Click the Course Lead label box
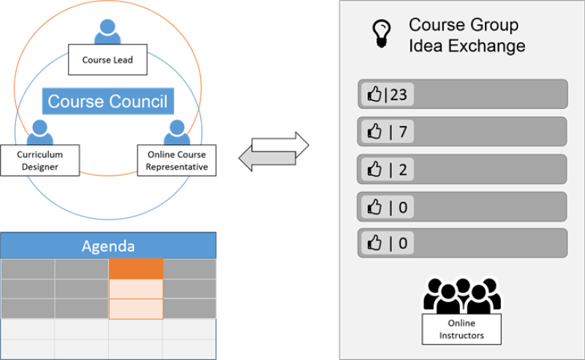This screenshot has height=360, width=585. (x=107, y=60)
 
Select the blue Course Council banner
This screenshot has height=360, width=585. (x=107, y=102)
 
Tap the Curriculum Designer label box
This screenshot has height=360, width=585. (x=40, y=161)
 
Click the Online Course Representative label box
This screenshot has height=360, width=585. (x=176, y=161)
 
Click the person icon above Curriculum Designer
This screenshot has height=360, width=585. (x=40, y=132)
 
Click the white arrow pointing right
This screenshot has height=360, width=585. (x=281, y=143)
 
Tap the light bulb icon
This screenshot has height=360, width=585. (x=380, y=34)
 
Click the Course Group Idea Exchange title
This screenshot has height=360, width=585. (x=467, y=35)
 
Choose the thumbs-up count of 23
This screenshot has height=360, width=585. (x=387, y=94)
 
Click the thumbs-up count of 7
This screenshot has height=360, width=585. (x=387, y=132)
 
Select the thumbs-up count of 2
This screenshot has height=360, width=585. (x=387, y=169)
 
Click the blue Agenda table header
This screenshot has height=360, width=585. (x=108, y=246)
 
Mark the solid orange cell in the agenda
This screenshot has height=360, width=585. (x=135, y=269)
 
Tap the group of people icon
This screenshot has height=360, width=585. (x=461, y=294)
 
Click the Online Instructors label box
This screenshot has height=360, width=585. (x=461, y=329)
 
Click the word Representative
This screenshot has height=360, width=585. (x=176, y=167)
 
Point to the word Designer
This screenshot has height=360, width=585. (x=40, y=167)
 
